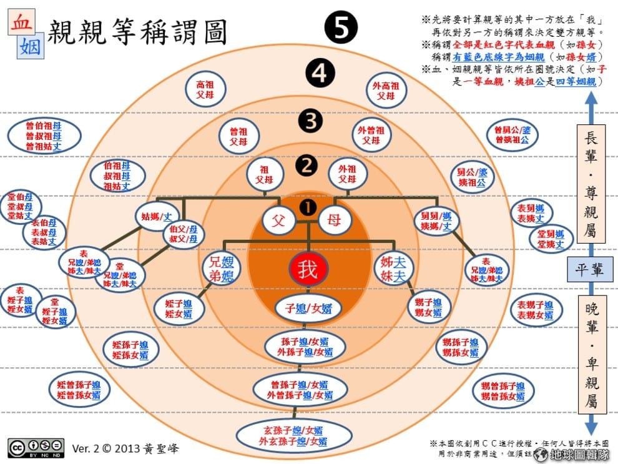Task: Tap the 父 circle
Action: (279, 220)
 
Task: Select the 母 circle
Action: (335, 220)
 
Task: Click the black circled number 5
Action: (341, 29)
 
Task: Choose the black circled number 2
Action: (307, 165)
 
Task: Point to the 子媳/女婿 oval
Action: (308, 307)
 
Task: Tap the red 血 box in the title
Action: (20, 21)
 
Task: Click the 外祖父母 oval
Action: (348, 174)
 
